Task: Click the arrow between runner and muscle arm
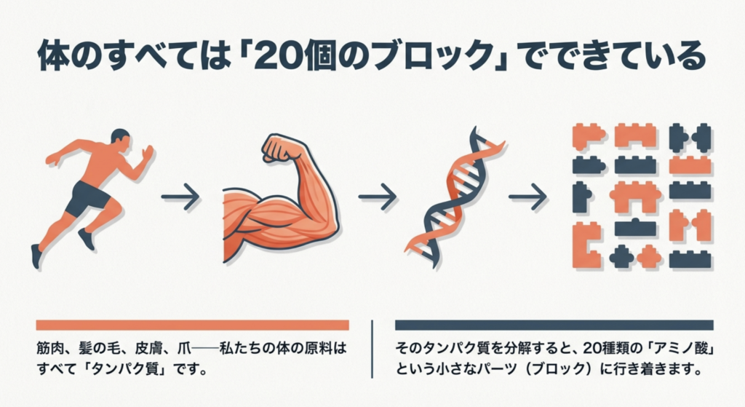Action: pyautogui.click(x=180, y=196)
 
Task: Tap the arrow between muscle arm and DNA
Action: pyautogui.click(x=377, y=196)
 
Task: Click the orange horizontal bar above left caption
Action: pyautogui.click(x=192, y=325)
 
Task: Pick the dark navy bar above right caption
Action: pyautogui.click(x=554, y=325)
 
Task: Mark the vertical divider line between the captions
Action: pyautogui.click(x=372, y=349)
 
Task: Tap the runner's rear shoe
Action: pyautogui.click(x=36, y=255)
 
